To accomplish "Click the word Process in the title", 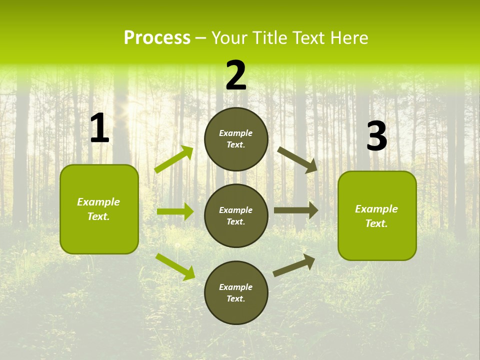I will (157, 38).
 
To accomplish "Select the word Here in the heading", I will (349, 38).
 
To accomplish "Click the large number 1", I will (99, 128).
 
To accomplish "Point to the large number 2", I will (236, 75).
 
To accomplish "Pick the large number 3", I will (376, 136).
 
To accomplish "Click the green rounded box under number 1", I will (99, 209).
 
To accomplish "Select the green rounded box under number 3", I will (377, 216).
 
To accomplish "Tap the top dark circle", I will (236, 139).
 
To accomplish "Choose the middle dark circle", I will (236, 216).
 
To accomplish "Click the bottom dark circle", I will (236, 293).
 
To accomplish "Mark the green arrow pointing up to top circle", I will (174, 159).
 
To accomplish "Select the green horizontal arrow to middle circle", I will (175, 211).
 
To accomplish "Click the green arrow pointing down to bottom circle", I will (175, 266).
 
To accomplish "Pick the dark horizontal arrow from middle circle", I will (296, 210).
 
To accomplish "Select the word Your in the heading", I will (229, 38).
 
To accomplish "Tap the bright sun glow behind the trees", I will (131, 107).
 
